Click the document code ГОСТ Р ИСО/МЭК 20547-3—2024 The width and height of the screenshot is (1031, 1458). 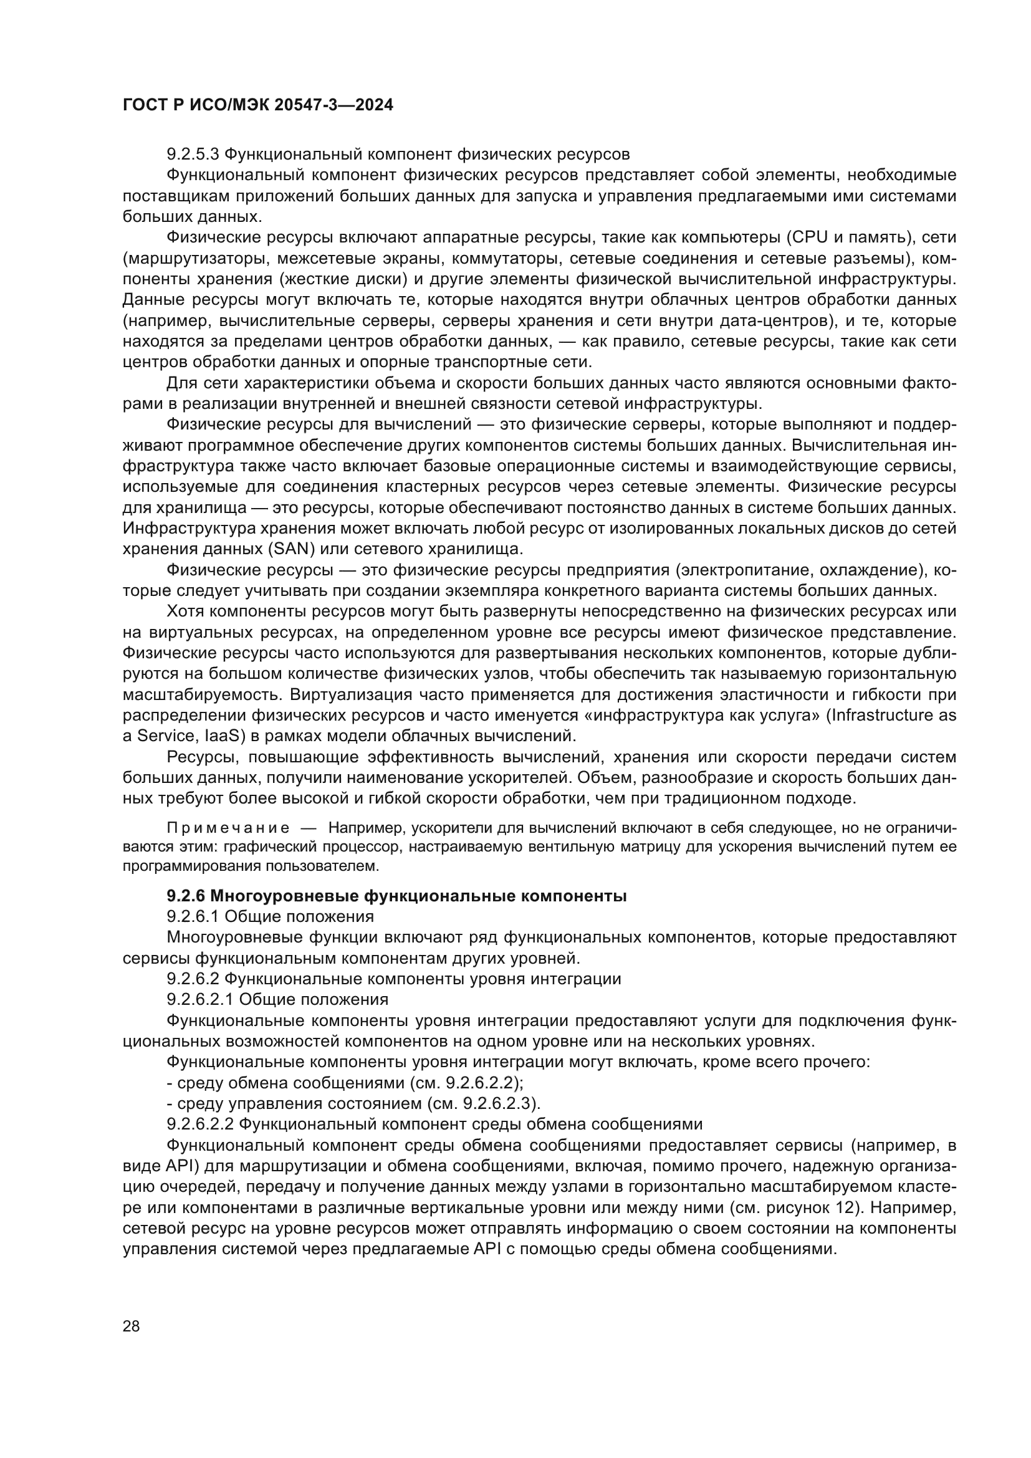258,105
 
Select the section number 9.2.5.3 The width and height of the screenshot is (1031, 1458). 193,155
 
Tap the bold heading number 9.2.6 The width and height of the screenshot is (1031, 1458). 185,896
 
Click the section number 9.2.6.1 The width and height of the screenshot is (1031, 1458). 193,916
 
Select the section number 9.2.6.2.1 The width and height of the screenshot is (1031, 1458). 201,999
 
